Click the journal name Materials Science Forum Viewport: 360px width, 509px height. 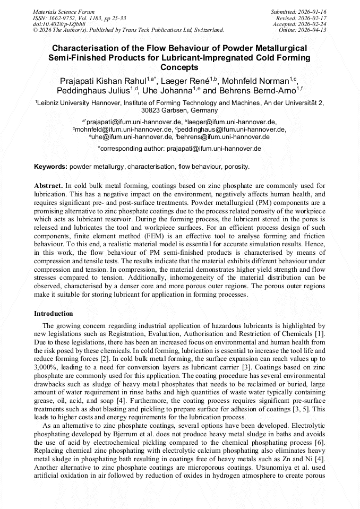click(x=64, y=11)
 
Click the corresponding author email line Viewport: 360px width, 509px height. click(x=179, y=149)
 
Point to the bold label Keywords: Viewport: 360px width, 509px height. click(x=51, y=167)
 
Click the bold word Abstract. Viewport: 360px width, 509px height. click(x=48, y=186)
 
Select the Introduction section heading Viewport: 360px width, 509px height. click(x=54, y=314)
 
